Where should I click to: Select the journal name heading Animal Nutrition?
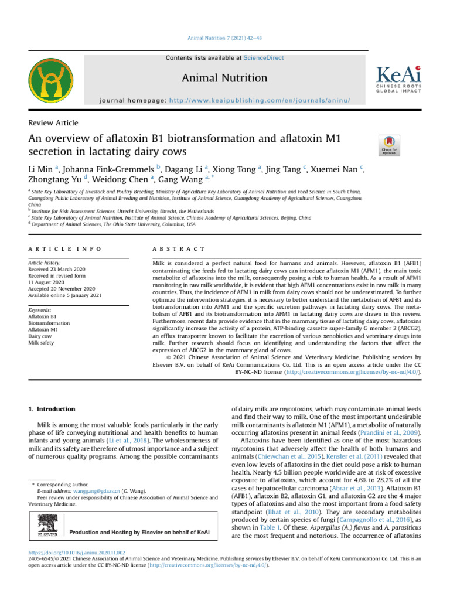click(x=224, y=78)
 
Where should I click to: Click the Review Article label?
click(x=53, y=123)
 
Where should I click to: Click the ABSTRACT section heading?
click(x=178, y=249)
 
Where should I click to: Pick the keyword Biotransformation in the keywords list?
click(x=49, y=323)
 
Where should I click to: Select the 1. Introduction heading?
click(x=52, y=409)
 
